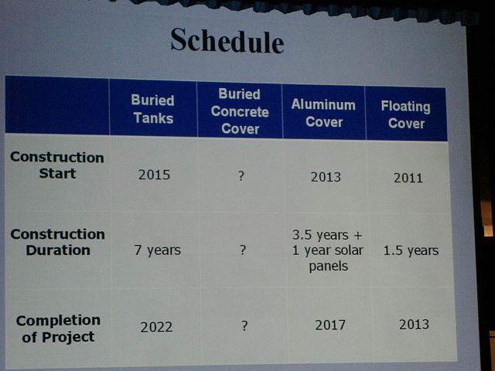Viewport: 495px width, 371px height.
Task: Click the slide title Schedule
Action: point(227,41)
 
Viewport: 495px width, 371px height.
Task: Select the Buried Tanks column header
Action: point(153,109)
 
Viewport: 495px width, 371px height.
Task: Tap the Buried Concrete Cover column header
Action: point(240,111)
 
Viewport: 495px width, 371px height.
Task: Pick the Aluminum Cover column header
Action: point(323,113)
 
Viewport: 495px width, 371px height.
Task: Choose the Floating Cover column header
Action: point(406,114)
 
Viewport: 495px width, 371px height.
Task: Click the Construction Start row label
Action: point(57,165)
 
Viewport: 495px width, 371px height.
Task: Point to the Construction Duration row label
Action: point(58,242)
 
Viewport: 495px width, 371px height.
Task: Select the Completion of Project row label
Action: point(58,328)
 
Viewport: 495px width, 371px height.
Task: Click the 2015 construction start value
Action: point(154,175)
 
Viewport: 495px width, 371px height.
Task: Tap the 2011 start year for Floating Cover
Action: point(408,178)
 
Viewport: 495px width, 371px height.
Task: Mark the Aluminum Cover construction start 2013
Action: point(326,177)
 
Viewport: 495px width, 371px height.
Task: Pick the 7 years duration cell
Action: point(157,250)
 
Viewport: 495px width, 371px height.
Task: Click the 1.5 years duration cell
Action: point(411,250)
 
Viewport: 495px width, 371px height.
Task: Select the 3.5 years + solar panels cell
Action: point(328,250)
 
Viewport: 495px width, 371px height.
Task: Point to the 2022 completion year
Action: point(156,327)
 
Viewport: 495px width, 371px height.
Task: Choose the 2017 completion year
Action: point(330,325)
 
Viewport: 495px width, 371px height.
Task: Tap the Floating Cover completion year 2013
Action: point(414,325)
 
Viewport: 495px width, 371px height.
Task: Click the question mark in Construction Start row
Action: point(241,176)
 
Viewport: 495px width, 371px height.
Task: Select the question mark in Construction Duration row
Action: point(242,250)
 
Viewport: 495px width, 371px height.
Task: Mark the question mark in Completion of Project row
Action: point(244,325)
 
